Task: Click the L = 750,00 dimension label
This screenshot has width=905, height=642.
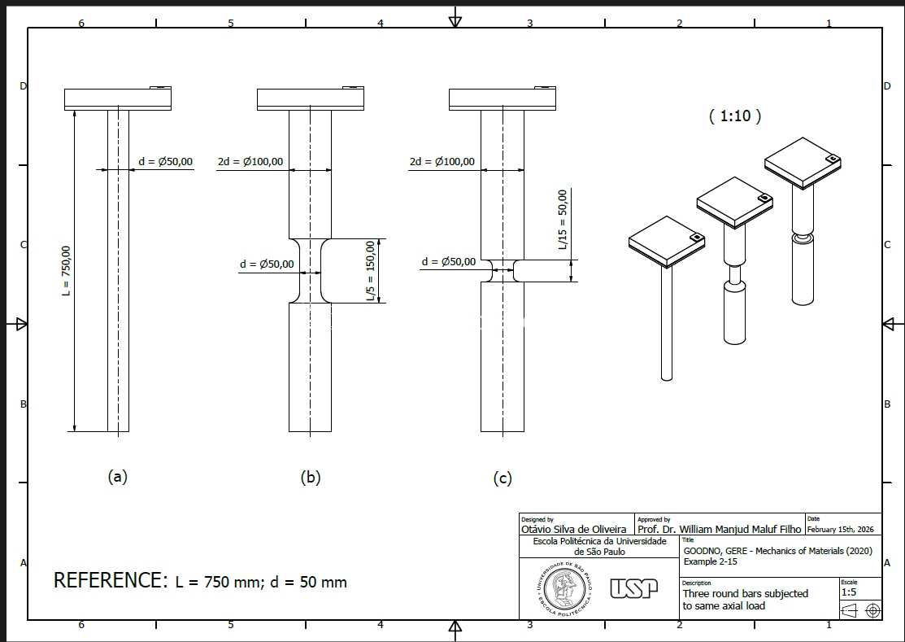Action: [67, 271]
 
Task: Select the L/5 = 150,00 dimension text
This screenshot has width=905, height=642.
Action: [371, 271]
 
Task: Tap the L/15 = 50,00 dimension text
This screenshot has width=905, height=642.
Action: [563, 220]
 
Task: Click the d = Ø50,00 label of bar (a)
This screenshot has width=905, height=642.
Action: [166, 162]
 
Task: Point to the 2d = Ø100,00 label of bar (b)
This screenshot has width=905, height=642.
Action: [250, 162]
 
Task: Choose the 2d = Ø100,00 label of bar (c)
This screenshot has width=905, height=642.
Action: [442, 162]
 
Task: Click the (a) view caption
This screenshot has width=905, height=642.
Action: [118, 477]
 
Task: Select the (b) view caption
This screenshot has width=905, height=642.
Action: [311, 478]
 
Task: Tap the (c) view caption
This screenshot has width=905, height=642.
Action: [503, 478]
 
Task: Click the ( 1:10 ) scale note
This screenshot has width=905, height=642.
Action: [735, 116]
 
